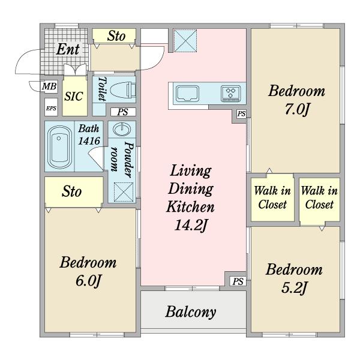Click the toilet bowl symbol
coord(123,90)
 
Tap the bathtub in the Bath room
coord(59,147)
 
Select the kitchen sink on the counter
coord(187,94)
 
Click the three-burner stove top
coord(231,94)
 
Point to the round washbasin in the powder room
coord(122,129)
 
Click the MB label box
coord(49,86)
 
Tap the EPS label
coord(51,108)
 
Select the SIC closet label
coord(73,97)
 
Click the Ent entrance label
coord(68,49)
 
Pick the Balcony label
coord(191,312)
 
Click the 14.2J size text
coord(191,225)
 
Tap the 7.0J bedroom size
coord(298,109)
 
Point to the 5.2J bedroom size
coord(294,288)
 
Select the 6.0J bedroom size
coord(88,281)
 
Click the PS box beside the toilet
coord(123,112)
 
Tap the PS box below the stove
coord(241,113)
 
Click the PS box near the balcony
coord(238,281)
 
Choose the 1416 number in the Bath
coord(89,141)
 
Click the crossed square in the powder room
coord(124,192)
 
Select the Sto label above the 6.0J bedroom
coord(71,191)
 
